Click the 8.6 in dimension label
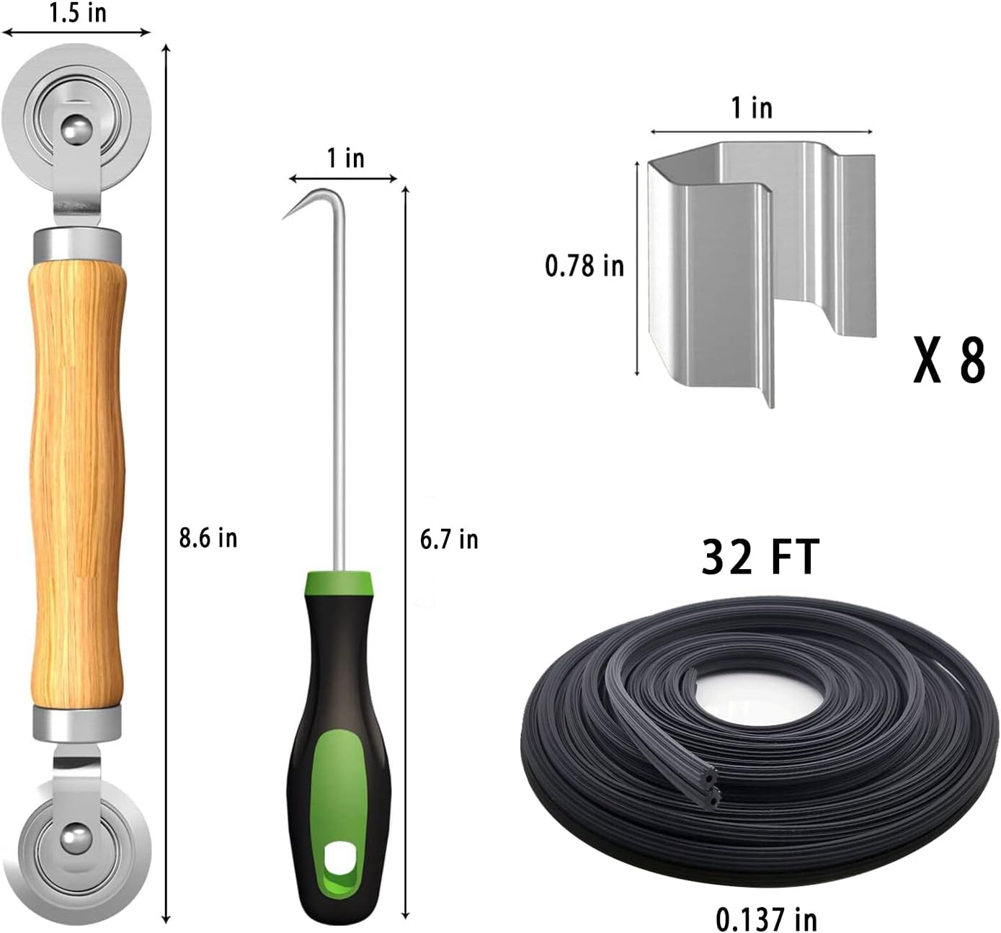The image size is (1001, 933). pyautogui.click(x=208, y=538)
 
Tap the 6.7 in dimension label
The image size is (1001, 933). pyautogui.click(x=449, y=539)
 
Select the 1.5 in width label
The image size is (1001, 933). pyautogui.click(x=77, y=13)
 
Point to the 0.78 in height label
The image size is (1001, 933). pyautogui.click(x=584, y=266)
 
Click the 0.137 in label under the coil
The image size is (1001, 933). pyautogui.click(x=767, y=919)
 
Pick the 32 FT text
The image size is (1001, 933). pyautogui.click(x=760, y=557)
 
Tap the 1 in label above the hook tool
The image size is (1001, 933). pyautogui.click(x=345, y=158)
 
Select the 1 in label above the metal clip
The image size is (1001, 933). pyautogui.click(x=752, y=108)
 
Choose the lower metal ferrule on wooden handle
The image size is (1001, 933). pyautogui.click(x=77, y=722)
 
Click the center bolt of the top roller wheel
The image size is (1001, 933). pyautogui.click(x=74, y=130)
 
